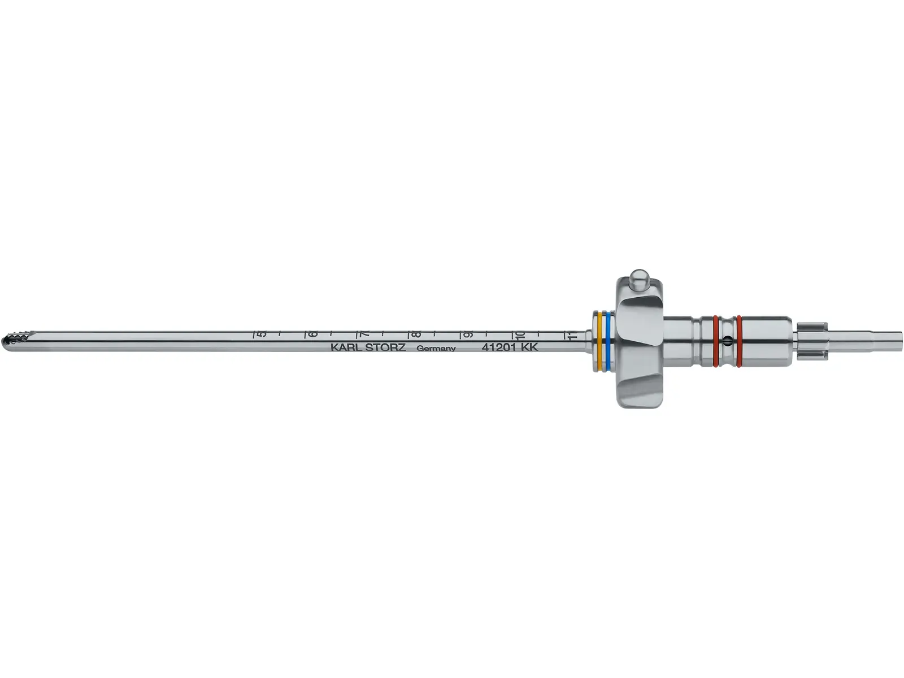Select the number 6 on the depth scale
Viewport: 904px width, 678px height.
pyautogui.click(x=313, y=334)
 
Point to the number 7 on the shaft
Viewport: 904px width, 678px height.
pyautogui.click(x=365, y=334)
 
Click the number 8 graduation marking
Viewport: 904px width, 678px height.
pyautogui.click(x=416, y=334)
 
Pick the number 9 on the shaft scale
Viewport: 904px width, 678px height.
pyautogui.click(x=467, y=334)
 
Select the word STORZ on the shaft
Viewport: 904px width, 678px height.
pyautogui.click(x=386, y=347)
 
